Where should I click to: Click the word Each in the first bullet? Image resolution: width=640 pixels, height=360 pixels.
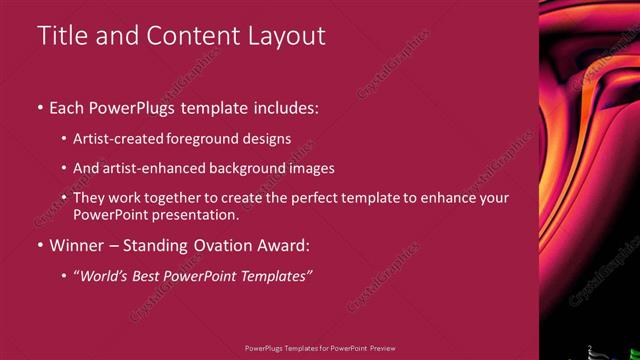pyautogui.click(x=68, y=107)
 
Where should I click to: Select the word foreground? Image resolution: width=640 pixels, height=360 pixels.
pyautogui.click(x=211, y=140)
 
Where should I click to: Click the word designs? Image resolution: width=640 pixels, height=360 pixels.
pyautogui.click(x=268, y=140)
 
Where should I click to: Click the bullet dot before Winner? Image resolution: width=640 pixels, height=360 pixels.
pyautogui.click(x=40, y=245)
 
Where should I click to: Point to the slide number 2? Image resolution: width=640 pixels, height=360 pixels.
pyautogui.click(x=590, y=348)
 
